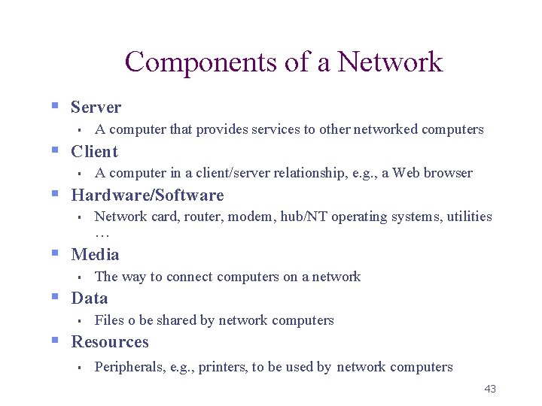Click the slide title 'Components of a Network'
(x=284, y=62)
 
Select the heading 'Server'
(x=96, y=108)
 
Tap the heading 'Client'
(x=94, y=151)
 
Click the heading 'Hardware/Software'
(x=147, y=195)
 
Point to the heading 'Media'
(x=95, y=254)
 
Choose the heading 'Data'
(x=89, y=298)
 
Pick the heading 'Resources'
(x=109, y=342)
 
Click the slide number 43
(x=490, y=389)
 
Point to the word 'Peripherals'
(x=128, y=367)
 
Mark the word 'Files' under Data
(x=108, y=320)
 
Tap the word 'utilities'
(x=468, y=217)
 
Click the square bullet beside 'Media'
(x=55, y=253)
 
